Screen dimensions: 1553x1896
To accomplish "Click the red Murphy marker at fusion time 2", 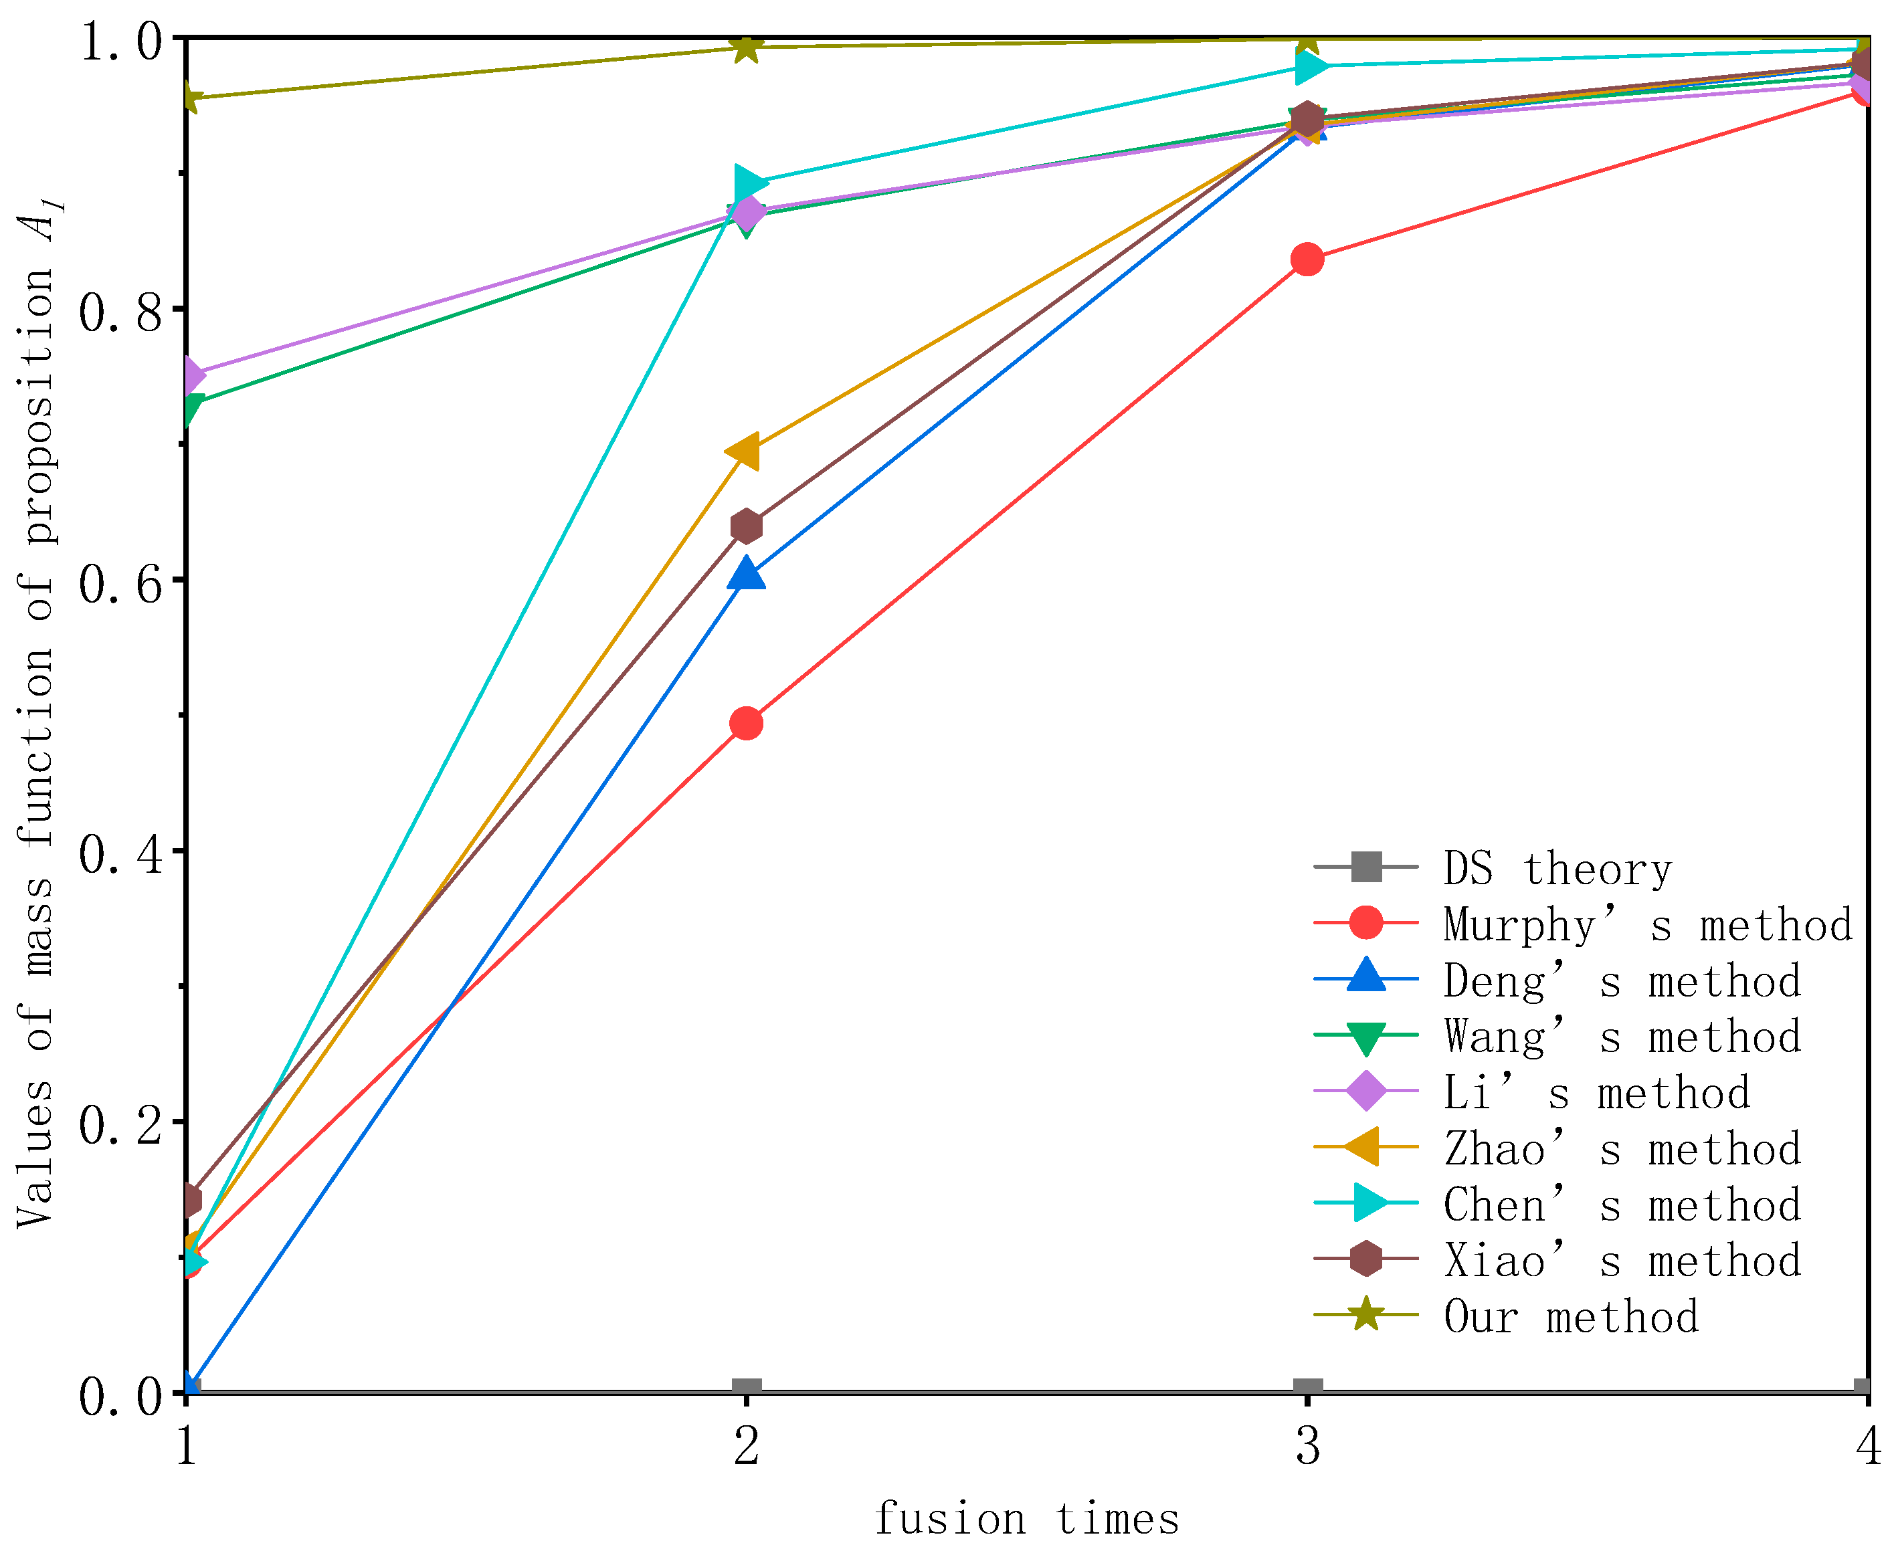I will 746,723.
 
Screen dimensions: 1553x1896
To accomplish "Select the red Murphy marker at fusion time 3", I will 1307,260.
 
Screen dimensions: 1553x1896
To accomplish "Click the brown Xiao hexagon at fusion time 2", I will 746,526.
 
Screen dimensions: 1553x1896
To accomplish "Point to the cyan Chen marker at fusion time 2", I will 750,183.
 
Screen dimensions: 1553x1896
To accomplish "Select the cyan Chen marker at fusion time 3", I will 1311,66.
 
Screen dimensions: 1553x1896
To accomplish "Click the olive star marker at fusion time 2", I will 746,47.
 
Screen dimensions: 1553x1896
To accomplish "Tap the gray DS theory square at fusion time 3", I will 1307,1389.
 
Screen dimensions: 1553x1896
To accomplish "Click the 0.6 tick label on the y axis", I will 122,584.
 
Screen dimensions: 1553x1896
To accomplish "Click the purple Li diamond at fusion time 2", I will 746,213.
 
